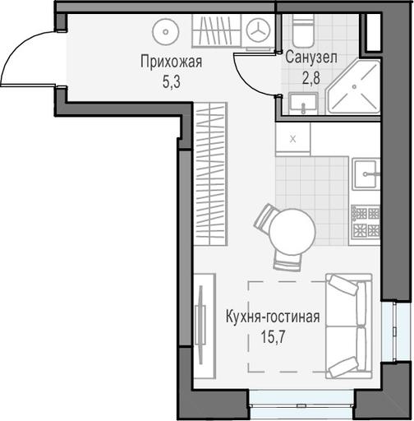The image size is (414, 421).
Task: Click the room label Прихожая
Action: [172, 62]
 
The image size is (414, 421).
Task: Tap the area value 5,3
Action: [172, 81]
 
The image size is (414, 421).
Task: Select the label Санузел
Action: [311, 58]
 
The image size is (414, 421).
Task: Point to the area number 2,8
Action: [311, 77]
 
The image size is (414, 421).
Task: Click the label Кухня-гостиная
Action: [273, 317]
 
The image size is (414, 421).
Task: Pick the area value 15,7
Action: [274, 337]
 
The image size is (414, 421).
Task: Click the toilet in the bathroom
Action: [303, 30]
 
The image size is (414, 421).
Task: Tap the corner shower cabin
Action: [354, 86]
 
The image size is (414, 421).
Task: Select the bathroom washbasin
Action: [303, 104]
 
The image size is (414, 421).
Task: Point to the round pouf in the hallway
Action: [166, 31]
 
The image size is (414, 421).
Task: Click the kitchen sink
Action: [366, 174]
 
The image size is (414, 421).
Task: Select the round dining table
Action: [292, 232]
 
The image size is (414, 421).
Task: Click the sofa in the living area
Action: [349, 326]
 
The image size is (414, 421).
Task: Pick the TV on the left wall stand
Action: [201, 325]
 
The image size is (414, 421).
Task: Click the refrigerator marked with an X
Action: [293, 139]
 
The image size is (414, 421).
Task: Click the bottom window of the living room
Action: [301, 404]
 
